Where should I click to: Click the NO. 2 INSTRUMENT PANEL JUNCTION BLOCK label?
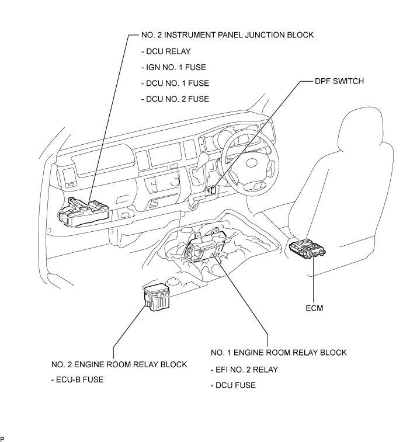tap(227, 35)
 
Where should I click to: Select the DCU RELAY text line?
tap(166, 51)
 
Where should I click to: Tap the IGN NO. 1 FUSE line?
tap(173, 67)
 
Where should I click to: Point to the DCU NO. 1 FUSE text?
tap(175, 83)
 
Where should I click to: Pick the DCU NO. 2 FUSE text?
tap(175, 99)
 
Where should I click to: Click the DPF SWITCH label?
tap(339, 81)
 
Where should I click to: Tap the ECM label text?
tap(314, 308)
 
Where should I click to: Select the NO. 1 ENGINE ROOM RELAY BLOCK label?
tap(279, 353)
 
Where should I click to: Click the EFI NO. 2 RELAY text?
tap(244, 370)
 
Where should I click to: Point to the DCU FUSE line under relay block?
tap(233, 385)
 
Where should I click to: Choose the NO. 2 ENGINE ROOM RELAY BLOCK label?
tap(119, 364)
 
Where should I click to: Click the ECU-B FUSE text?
tap(78, 380)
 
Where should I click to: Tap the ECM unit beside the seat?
tap(307, 248)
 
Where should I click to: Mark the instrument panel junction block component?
tap(84, 212)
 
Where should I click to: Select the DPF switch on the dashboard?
tap(214, 190)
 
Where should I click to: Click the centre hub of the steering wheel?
tap(253, 163)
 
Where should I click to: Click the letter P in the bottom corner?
tap(2, 438)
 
